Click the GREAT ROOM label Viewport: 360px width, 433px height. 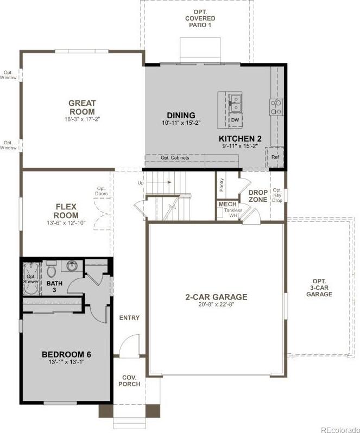[x=82, y=107]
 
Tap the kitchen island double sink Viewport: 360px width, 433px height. [x=236, y=103]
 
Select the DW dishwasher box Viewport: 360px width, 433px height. [x=235, y=120]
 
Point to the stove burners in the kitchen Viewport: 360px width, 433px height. [x=276, y=107]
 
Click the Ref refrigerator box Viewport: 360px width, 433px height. [x=275, y=157]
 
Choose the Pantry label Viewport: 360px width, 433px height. [x=222, y=184]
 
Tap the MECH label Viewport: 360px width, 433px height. [x=228, y=204]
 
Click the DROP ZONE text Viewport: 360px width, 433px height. [x=258, y=196]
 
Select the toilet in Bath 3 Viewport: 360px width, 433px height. [x=51, y=269]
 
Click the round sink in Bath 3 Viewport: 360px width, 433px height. [x=72, y=266]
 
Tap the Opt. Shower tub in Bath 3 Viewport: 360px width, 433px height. [x=31, y=279]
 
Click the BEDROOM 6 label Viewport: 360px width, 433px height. [x=66, y=354]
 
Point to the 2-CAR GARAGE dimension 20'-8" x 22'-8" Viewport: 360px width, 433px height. [x=217, y=304]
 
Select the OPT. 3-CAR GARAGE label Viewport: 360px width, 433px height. [x=319, y=288]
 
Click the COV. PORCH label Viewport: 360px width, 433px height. [x=129, y=381]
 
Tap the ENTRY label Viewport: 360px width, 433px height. [x=129, y=318]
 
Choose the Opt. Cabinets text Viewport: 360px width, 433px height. [x=175, y=158]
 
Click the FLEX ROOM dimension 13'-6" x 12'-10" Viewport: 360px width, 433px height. [x=66, y=222]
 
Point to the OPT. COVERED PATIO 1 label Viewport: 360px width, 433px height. [x=200, y=18]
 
